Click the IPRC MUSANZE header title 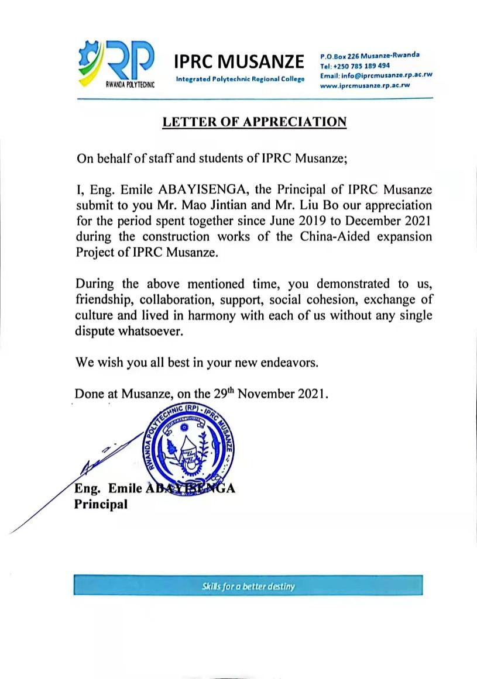(x=239, y=61)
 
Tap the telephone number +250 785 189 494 (x=362, y=66)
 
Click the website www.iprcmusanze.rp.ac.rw (x=365, y=85)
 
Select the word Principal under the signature (x=101, y=504)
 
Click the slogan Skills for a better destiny (x=248, y=586)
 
